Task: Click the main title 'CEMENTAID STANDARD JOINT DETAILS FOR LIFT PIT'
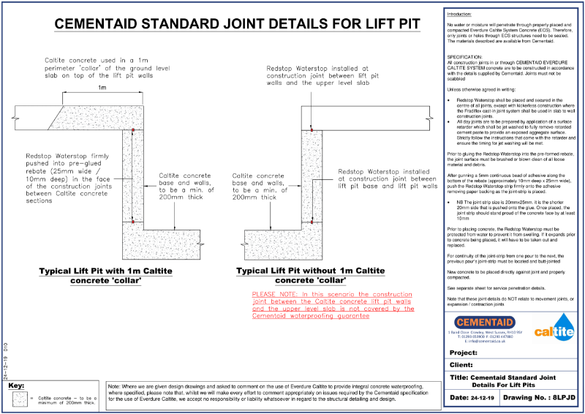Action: [238, 23]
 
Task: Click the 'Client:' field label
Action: [463, 364]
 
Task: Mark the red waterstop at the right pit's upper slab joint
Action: [311, 130]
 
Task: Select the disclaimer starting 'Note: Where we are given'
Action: [271, 393]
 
